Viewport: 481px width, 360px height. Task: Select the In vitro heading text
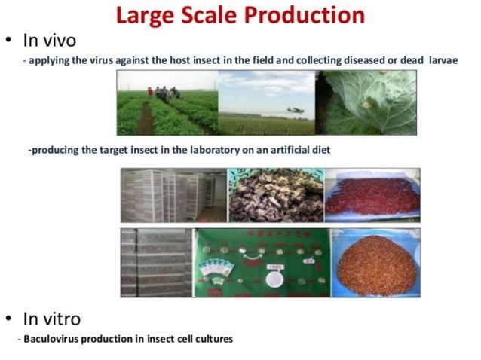click(52, 318)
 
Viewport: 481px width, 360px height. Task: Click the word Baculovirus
click(52, 339)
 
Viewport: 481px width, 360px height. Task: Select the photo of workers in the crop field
click(167, 103)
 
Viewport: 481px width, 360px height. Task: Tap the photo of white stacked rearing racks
click(173, 195)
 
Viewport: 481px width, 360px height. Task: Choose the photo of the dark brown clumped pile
click(275, 195)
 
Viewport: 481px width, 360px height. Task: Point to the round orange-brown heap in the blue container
click(375, 264)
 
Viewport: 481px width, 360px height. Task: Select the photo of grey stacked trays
click(155, 263)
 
